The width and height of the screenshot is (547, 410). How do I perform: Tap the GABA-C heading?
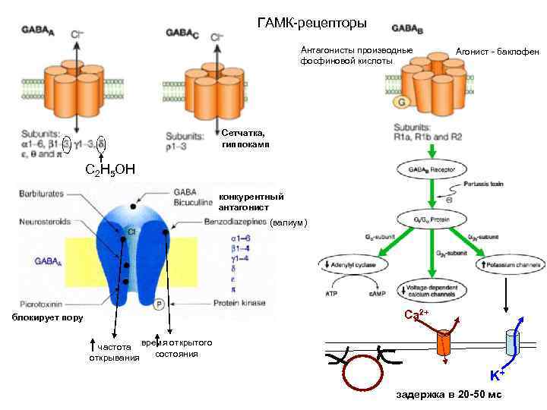(x=182, y=34)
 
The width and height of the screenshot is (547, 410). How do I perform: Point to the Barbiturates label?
(x=43, y=194)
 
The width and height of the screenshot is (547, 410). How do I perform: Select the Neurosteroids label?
(x=44, y=222)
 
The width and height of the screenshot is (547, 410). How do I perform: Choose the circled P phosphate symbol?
(x=160, y=304)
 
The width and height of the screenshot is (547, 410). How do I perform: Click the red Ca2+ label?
(x=416, y=314)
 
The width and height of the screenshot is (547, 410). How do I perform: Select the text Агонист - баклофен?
(x=497, y=52)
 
